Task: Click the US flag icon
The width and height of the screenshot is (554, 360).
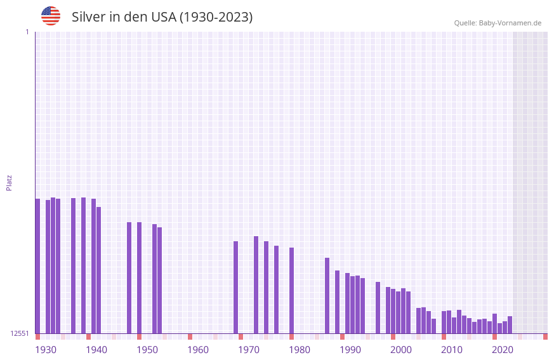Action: click(51, 16)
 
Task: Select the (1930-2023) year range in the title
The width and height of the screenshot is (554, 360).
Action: click(216, 17)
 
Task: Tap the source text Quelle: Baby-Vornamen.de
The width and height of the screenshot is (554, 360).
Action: click(498, 23)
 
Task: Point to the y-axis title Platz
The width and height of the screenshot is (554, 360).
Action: click(9, 183)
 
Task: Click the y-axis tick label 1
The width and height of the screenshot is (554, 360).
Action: click(27, 32)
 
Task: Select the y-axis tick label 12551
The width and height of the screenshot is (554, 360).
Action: click(19, 333)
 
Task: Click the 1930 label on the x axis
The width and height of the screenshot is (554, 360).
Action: click(46, 350)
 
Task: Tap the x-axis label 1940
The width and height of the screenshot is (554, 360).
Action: click(96, 350)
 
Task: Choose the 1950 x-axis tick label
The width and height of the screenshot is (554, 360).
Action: click(147, 350)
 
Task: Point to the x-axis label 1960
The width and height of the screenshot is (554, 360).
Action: click(198, 350)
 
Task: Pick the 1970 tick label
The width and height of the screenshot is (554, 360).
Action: click(249, 350)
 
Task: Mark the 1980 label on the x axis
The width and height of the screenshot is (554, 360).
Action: click(300, 350)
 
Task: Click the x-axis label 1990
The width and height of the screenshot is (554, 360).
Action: click(350, 350)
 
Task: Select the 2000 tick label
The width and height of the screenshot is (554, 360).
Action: click(401, 350)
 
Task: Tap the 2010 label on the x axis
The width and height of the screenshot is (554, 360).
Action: click(452, 350)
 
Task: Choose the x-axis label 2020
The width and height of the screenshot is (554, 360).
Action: click(503, 350)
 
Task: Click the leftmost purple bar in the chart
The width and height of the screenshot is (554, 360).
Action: click(37, 267)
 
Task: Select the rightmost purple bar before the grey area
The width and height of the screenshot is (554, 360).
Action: click(510, 325)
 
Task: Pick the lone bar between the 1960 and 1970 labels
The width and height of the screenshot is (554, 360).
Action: click(235, 288)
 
